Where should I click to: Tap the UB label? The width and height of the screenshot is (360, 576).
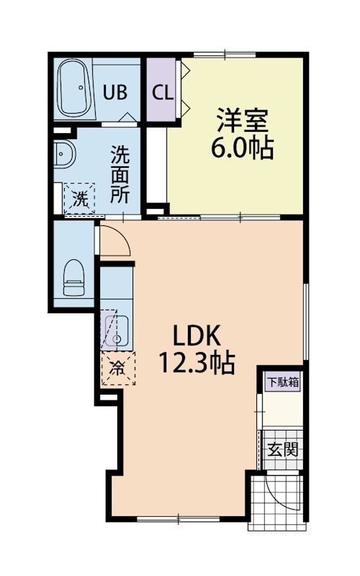(x=116, y=92)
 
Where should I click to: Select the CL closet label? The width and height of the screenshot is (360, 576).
(x=161, y=93)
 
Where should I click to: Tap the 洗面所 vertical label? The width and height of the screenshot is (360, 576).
(x=120, y=174)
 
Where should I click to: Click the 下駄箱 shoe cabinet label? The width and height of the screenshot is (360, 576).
(x=283, y=382)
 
